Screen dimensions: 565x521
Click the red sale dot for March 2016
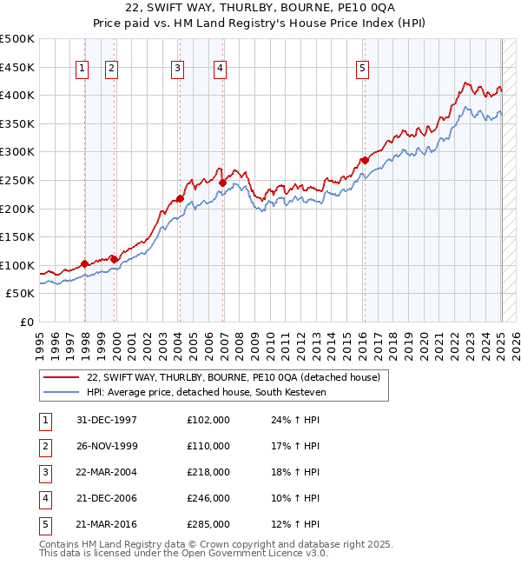365,160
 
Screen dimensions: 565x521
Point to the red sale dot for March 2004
180,198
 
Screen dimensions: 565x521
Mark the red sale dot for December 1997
84,264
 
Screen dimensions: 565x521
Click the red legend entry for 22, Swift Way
233,377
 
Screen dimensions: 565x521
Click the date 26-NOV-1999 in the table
107,446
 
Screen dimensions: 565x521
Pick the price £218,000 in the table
208,472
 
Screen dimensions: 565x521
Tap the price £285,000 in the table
208,524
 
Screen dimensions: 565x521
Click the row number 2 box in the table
44,446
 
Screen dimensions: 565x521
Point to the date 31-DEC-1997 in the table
107,420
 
